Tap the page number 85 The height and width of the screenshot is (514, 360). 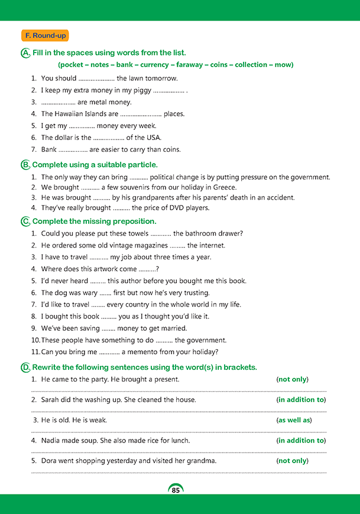coord(176,490)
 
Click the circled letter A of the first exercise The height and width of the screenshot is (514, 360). coord(25,53)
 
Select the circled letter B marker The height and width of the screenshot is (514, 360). coord(25,165)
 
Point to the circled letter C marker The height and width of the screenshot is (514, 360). coord(25,222)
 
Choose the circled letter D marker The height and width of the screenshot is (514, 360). coord(25,367)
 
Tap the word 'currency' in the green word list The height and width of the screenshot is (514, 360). coord(154,64)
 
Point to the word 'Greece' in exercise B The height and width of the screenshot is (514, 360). coord(223,187)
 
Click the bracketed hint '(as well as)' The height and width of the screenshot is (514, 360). coord(294,420)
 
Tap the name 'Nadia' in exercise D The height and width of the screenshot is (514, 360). coord(51,441)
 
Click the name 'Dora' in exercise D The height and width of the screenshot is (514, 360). coord(50,461)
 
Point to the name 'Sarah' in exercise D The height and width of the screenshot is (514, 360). coord(51,400)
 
